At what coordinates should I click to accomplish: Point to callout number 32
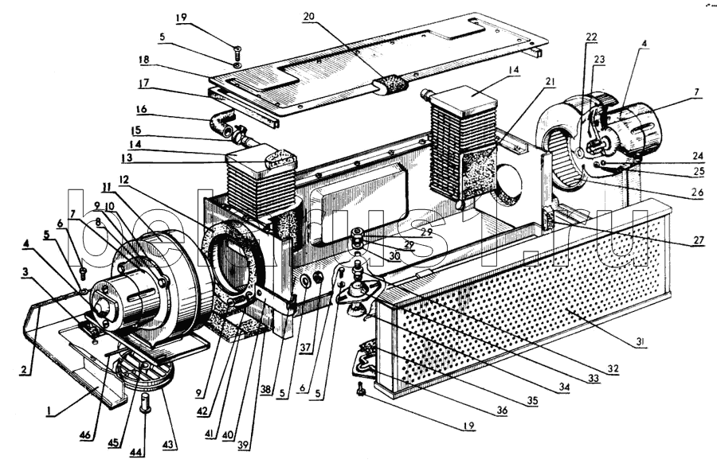(x=612, y=368)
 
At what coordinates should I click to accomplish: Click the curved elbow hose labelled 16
(x=220, y=123)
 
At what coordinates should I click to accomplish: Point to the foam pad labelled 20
(x=391, y=84)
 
